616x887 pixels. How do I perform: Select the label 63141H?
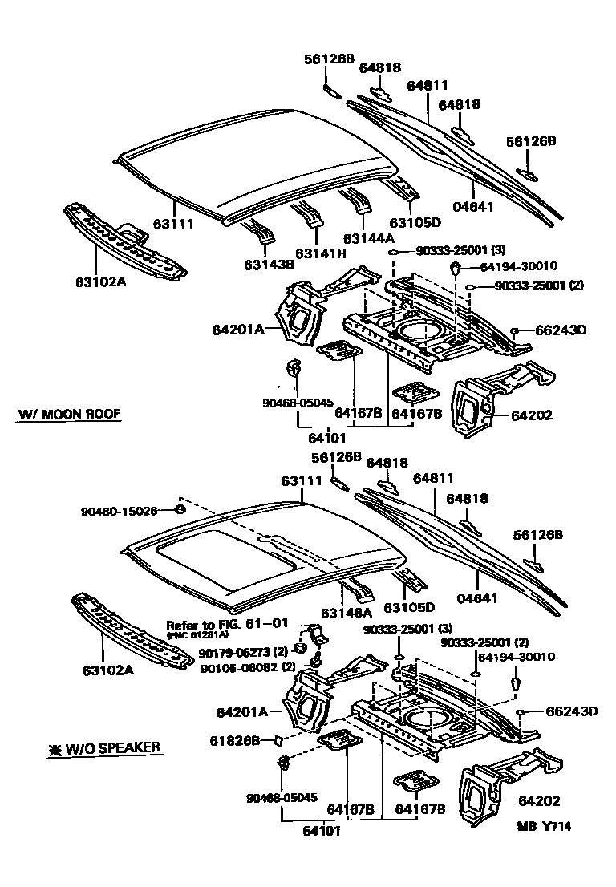(x=319, y=254)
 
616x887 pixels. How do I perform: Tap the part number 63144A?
(x=368, y=238)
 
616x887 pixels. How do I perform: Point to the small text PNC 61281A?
(x=197, y=635)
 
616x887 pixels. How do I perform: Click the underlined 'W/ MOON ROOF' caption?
(x=69, y=415)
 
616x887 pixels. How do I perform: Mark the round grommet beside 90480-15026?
(x=180, y=509)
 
